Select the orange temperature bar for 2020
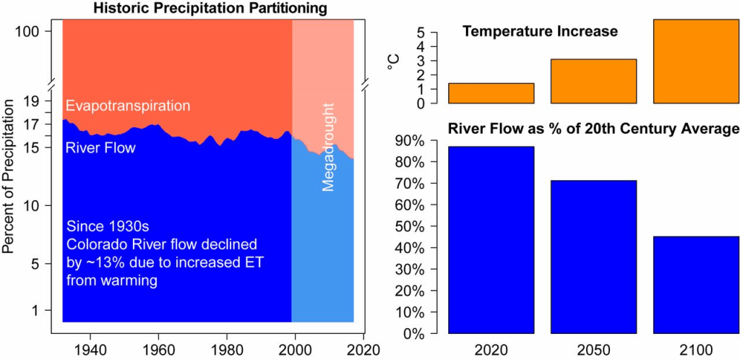(491, 93)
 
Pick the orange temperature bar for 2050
(593, 81)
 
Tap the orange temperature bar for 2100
(695, 61)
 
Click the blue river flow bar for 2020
(491, 240)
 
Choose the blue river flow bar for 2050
(593, 257)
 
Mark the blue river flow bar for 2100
(695, 285)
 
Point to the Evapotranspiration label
(127, 106)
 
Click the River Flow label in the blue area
(100, 148)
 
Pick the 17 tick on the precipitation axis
(40, 124)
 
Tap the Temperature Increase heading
(541, 32)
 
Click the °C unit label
(395, 63)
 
